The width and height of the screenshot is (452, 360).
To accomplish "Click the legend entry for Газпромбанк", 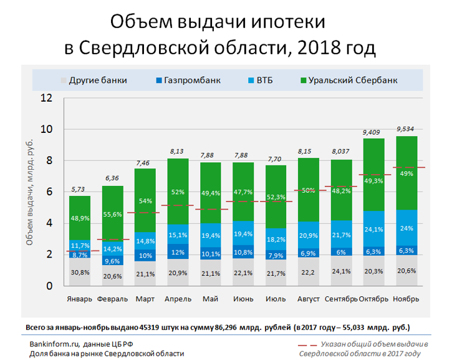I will coord(191,80).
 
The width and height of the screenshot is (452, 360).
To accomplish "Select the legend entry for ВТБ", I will coord(264,80).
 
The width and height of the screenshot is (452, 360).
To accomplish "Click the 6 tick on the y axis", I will coord(48,192).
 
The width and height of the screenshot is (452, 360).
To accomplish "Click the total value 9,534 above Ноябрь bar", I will coord(405,130).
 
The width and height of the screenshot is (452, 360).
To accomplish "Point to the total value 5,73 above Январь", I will coord(79,190).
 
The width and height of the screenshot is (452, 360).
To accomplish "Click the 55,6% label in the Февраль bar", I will coord(112,213).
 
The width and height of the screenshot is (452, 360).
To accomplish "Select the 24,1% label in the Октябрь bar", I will coord(373,229).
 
